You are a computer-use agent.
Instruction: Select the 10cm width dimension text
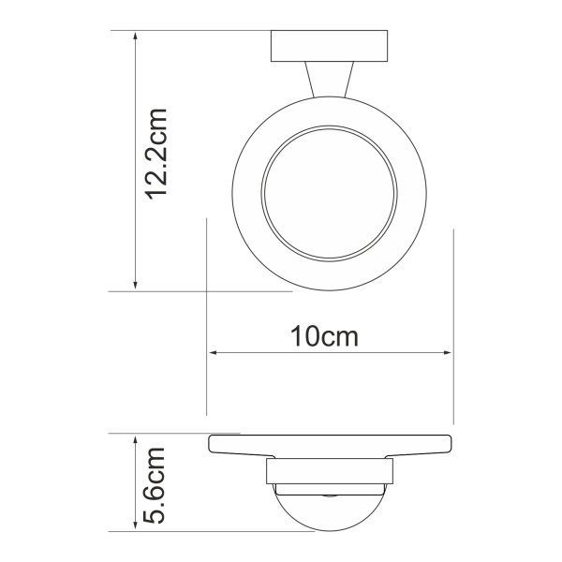click(x=326, y=336)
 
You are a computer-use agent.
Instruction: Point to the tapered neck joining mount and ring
click(x=330, y=81)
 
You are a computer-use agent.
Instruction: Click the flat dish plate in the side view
click(x=330, y=446)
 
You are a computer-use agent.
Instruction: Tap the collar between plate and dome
click(x=330, y=472)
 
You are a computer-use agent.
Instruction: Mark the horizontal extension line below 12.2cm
click(x=187, y=291)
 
